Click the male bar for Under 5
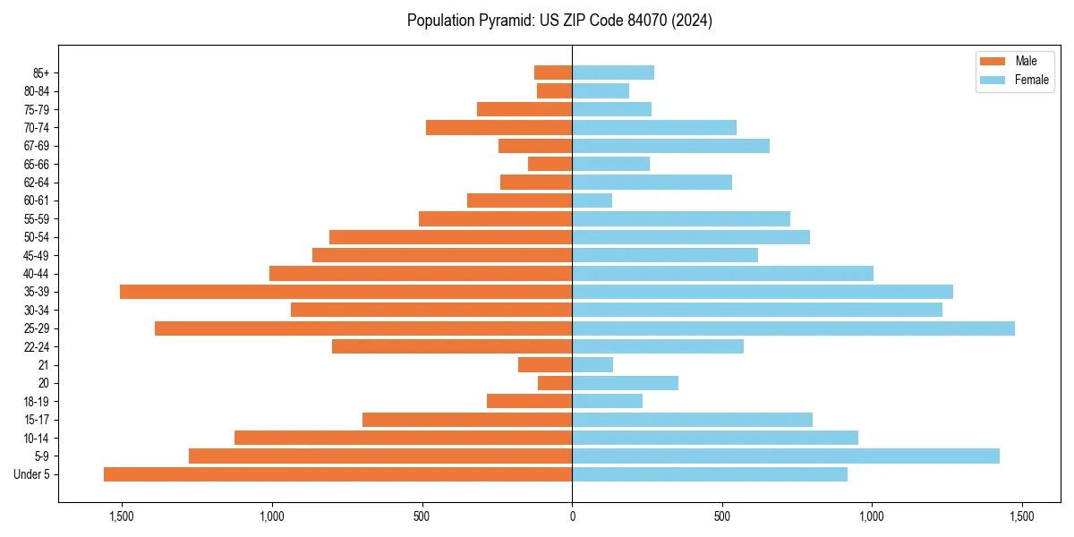(x=337, y=474)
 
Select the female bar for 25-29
(x=793, y=328)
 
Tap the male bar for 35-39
(x=345, y=292)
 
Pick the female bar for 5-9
(x=786, y=456)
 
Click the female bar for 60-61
(x=592, y=200)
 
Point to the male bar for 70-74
(x=499, y=127)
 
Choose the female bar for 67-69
(x=670, y=146)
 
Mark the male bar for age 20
(x=555, y=383)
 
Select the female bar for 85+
(x=613, y=72)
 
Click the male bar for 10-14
(x=403, y=438)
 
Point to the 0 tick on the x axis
(x=572, y=516)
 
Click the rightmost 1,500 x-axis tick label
(x=1022, y=516)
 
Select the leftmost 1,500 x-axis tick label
(x=121, y=516)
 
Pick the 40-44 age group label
(x=37, y=274)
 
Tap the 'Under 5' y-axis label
(x=31, y=474)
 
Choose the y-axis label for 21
(x=44, y=365)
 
